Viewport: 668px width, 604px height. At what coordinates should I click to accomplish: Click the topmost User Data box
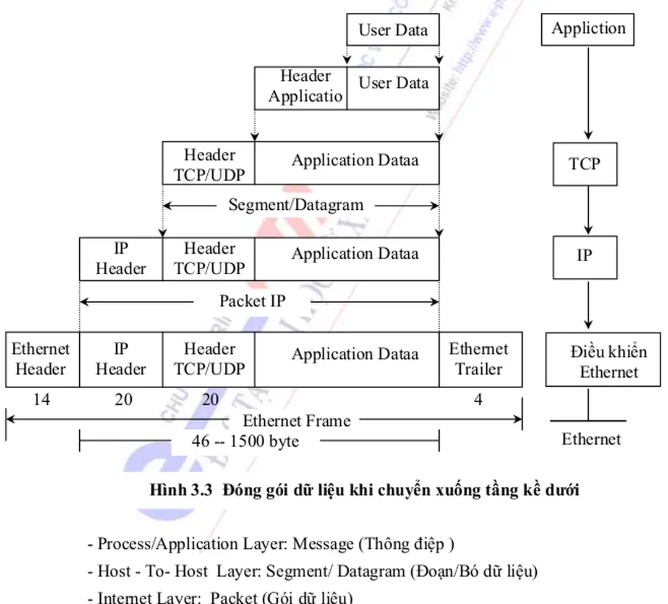tap(393, 30)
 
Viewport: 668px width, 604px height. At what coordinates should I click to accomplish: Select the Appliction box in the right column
tap(588, 28)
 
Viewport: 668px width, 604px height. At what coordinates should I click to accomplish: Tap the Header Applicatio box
tap(301, 87)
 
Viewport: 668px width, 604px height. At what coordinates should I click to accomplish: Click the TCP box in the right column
tap(584, 163)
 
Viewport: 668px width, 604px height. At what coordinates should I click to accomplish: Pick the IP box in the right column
tap(584, 256)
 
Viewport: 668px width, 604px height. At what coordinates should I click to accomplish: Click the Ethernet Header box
tap(41, 359)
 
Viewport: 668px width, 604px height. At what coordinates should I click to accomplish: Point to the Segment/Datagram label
tap(296, 204)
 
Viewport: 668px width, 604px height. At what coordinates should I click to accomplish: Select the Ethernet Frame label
tap(296, 421)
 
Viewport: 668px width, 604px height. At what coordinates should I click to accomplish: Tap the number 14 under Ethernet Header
tap(41, 400)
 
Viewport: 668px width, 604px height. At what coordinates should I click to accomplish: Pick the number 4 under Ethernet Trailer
tap(477, 400)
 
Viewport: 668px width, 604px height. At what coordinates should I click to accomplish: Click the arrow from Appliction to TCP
tap(588, 93)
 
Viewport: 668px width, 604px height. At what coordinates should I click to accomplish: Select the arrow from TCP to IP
tap(588, 210)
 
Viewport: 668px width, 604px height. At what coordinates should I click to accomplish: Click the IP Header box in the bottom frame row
tap(121, 359)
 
